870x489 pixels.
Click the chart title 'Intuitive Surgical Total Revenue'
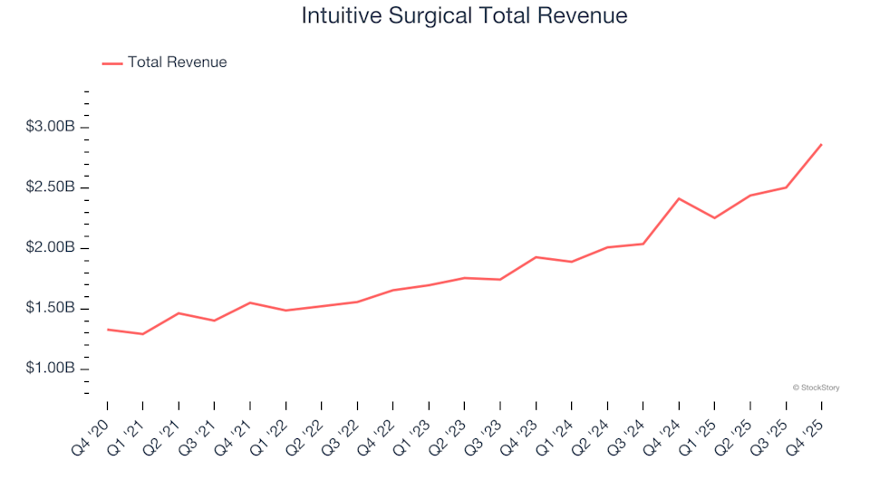coord(463,16)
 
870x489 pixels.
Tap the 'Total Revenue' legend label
coord(177,62)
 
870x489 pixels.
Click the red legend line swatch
coord(112,63)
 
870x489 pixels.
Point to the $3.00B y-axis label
coord(50,127)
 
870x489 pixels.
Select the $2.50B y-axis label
coord(50,187)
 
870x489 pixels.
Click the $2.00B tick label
coord(50,248)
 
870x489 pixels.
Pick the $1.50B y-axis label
coord(50,309)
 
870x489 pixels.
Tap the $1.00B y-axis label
coord(50,369)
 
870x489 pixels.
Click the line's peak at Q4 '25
coord(821,144)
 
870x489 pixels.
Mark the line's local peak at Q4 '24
coord(679,198)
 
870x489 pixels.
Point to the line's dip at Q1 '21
coord(142,334)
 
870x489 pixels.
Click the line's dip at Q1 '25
coord(714,218)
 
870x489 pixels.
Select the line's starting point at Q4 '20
coord(107,330)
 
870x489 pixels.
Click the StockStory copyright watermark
coord(816,388)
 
